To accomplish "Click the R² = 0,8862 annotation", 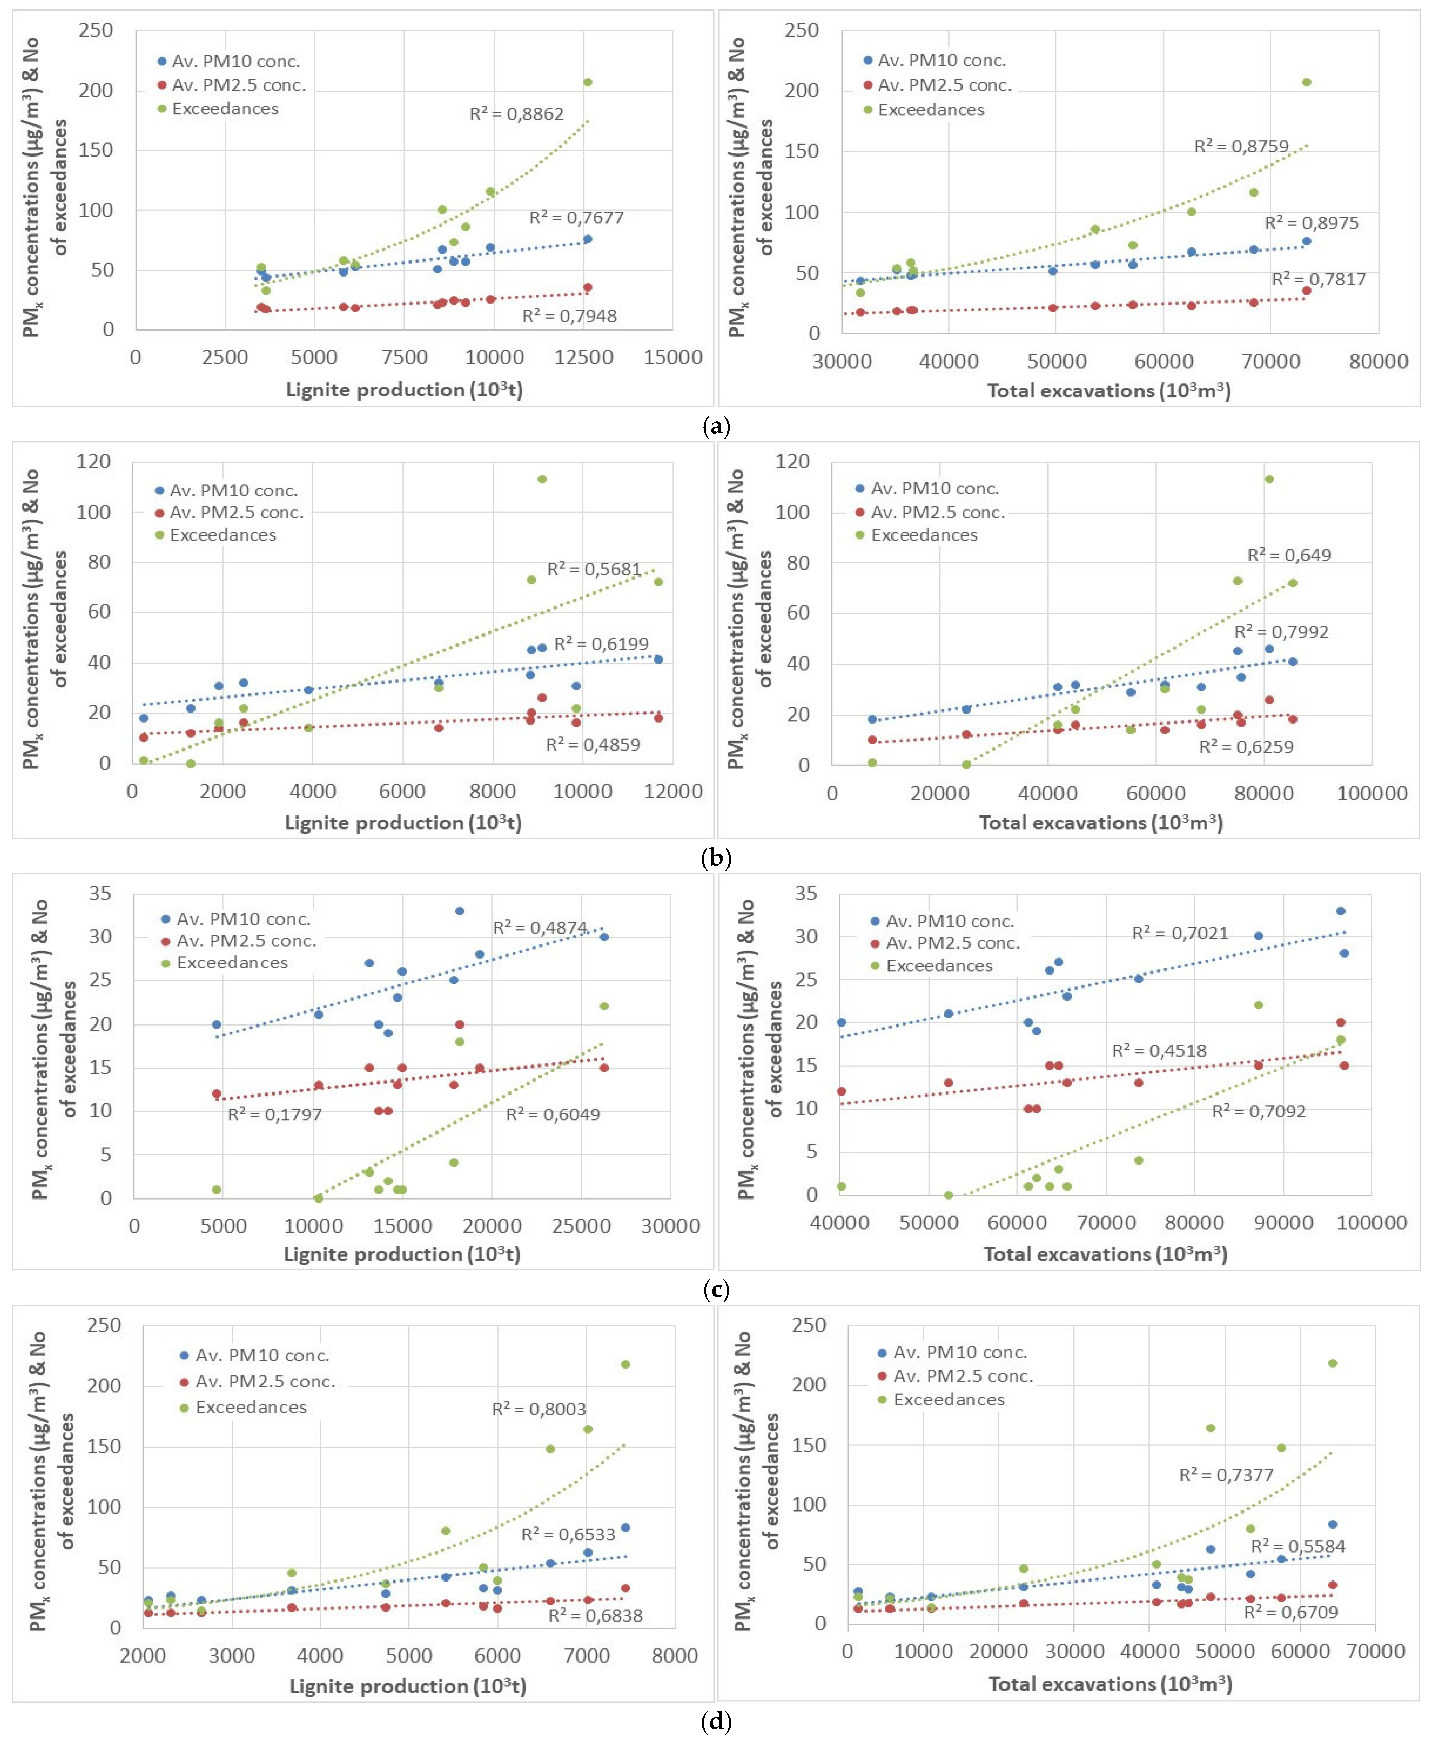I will click(x=517, y=114).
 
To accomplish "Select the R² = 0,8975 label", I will click(x=1312, y=223).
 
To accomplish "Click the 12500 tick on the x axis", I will click(x=583, y=357).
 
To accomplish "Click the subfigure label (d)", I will click(x=715, y=1722).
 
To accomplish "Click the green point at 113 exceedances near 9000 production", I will click(x=542, y=479).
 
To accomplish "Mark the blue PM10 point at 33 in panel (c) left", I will click(x=460, y=911).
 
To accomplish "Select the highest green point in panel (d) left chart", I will click(x=625, y=1365).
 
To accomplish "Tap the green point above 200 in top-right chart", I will click(x=1306, y=82).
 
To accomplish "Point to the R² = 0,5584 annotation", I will click(x=1297, y=1547).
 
